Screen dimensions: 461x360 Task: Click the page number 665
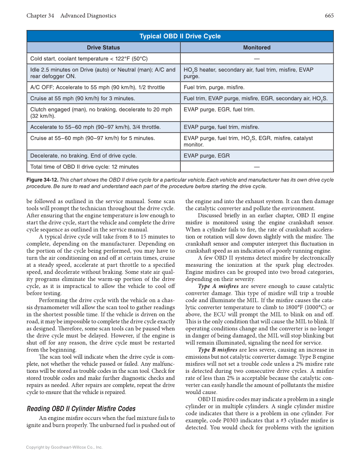[329, 16]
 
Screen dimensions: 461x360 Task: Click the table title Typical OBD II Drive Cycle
[180, 36]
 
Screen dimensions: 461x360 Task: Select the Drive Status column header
[103, 47]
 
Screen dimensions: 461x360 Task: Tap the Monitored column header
[257, 47]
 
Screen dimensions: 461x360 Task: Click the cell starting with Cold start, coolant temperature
[89, 59]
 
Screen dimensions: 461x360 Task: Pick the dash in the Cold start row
[257, 59]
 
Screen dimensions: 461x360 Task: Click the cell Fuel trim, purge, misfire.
[214, 87]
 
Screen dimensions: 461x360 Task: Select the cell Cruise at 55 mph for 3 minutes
[83, 98]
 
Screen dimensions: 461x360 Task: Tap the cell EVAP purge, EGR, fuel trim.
[219, 109]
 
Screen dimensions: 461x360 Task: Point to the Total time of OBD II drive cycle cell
[84, 167]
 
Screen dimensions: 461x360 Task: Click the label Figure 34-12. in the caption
[43, 180]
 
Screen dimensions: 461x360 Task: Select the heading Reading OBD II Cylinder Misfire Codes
[81, 409]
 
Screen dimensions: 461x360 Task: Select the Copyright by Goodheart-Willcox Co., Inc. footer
[64, 447]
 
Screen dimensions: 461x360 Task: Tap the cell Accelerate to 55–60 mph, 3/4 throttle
[89, 127]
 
